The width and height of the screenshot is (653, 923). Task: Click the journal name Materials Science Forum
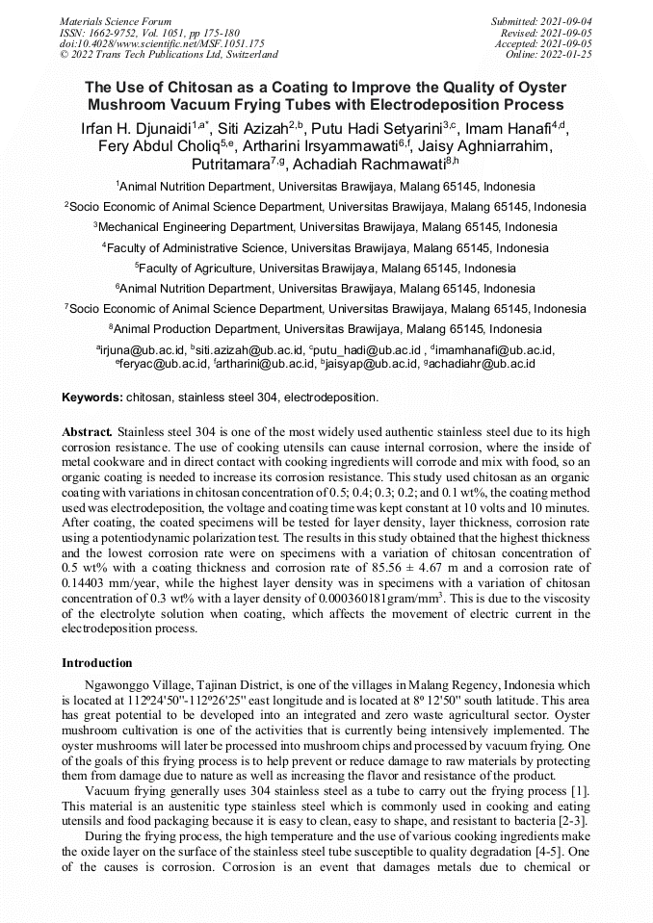click(116, 21)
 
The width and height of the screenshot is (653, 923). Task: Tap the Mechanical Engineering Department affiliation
click(326, 227)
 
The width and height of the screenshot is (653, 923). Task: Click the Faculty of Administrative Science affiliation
click(326, 247)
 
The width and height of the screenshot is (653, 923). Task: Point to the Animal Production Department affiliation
click(326, 328)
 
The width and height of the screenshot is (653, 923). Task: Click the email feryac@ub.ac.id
click(163, 363)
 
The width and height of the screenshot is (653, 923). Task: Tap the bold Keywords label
click(92, 397)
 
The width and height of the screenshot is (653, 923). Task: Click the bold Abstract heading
click(87, 433)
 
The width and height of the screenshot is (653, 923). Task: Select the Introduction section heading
click(96, 663)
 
